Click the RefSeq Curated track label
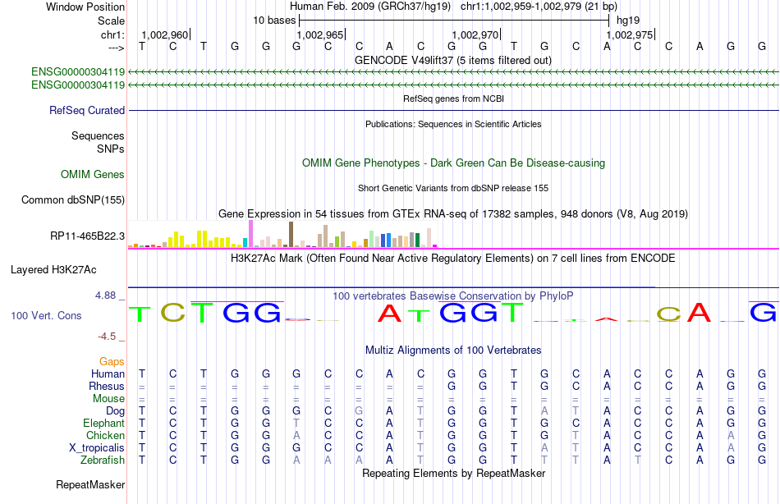(x=87, y=110)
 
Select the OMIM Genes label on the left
(x=93, y=174)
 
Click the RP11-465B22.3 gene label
(x=87, y=236)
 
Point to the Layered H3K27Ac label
(x=53, y=269)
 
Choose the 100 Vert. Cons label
(x=46, y=315)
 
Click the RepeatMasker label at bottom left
(x=90, y=485)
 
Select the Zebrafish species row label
(x=103, y=460)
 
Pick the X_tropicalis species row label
(x=97, y=448)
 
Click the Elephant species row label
(x=103, y=424)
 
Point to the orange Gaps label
(x=112, y=361)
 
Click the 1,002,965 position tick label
(x=319, y=35)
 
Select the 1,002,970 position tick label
(x=475, y=35)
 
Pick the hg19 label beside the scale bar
(x=628, y=19)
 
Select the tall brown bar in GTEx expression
(x=291, y=234)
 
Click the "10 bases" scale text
(x=274, y=19)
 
